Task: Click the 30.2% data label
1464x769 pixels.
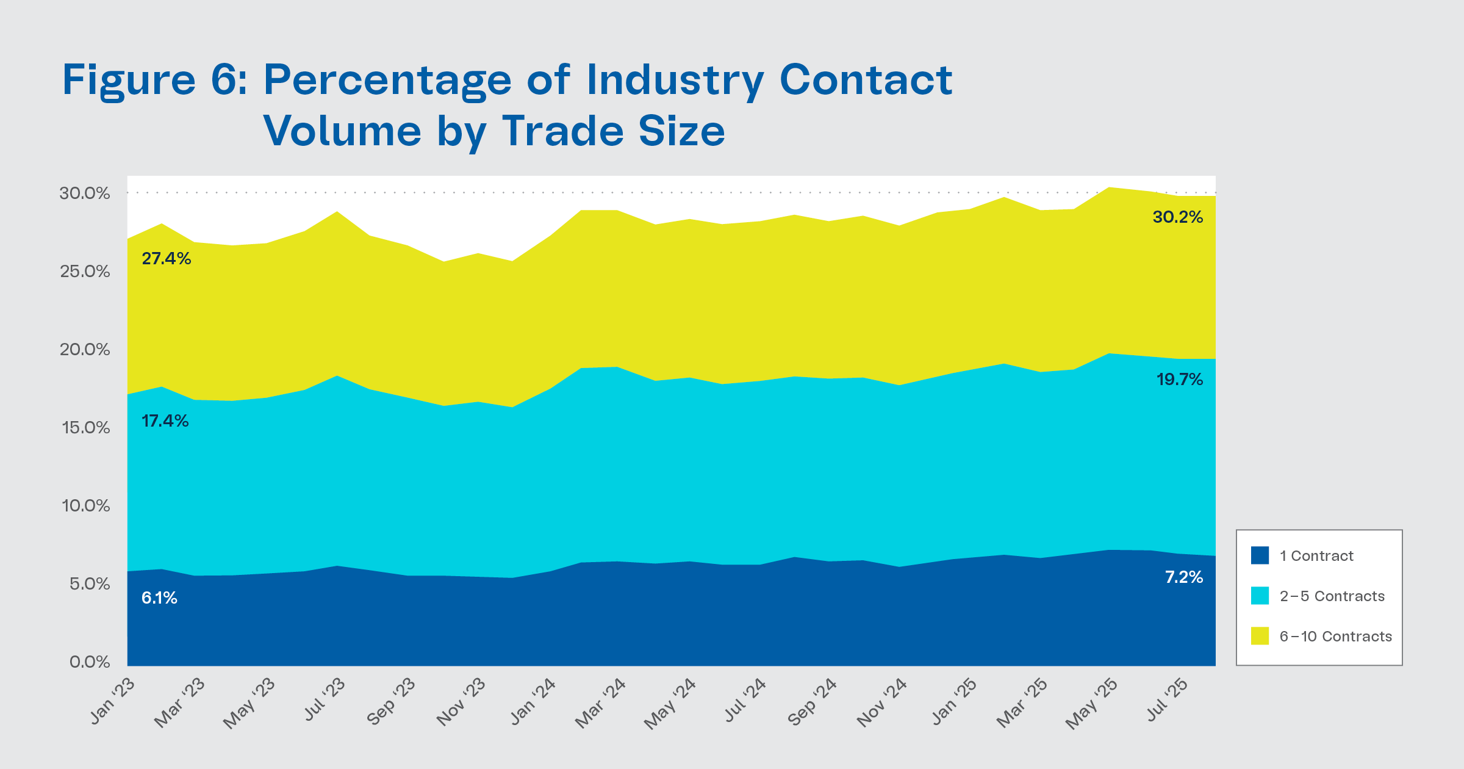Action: coord(1177,217)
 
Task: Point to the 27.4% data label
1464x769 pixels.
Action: coord(166,259)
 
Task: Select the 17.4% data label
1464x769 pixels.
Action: coord(165,421)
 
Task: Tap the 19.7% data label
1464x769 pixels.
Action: coord(1179,380)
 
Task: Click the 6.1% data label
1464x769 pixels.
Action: coord(159,598)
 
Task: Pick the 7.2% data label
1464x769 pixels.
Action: coord(1183,577)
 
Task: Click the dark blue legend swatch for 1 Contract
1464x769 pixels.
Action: coord(1260,555)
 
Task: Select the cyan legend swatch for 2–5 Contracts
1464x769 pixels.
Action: coord(1260,596)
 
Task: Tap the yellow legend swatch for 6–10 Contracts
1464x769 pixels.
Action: coord(1260,636)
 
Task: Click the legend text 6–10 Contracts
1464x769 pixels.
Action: coord(1335,637)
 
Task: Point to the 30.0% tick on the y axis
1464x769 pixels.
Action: coord(85,193)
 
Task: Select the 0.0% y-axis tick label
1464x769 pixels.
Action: coord(90,662)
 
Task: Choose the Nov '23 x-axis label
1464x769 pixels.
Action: coord(462,702)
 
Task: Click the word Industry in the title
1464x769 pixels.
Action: coord(675,81)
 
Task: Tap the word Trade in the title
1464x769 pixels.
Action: coord(563,131)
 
